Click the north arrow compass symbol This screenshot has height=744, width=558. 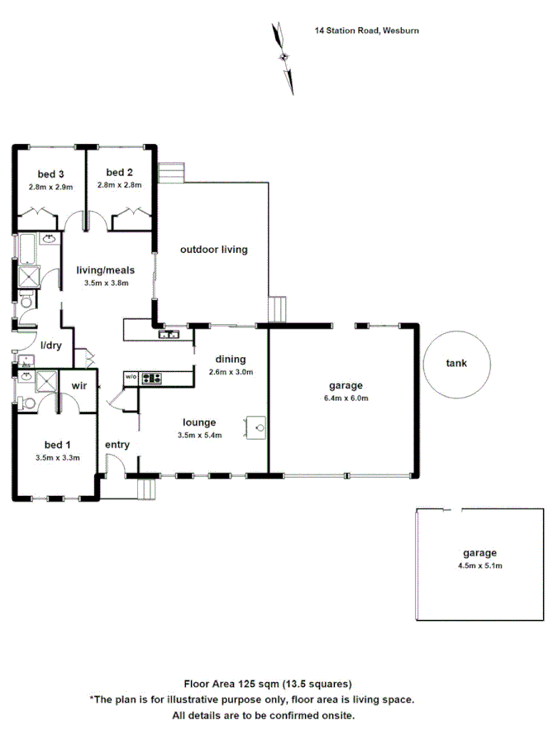(284, 56)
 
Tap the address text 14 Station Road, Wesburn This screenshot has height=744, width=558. (368, 31)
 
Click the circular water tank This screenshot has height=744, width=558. (456, 363)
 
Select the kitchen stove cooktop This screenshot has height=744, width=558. (151, 379)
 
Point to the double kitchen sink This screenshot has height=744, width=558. (171, 334)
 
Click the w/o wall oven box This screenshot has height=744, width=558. (131, 378)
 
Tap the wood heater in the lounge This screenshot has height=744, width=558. (255, 427)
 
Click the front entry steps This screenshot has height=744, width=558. (145, 488)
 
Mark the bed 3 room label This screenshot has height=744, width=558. (50, 174)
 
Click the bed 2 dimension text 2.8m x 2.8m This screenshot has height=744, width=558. (119, 185)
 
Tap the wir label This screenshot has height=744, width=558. (80, 385)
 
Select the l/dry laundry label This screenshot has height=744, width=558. (51, 346)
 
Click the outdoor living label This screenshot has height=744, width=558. (214, 249)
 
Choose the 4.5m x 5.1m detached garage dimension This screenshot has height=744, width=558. (480, 566)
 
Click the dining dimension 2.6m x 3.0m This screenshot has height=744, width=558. (231, 371)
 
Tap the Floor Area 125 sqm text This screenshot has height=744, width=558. (267, 684)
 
